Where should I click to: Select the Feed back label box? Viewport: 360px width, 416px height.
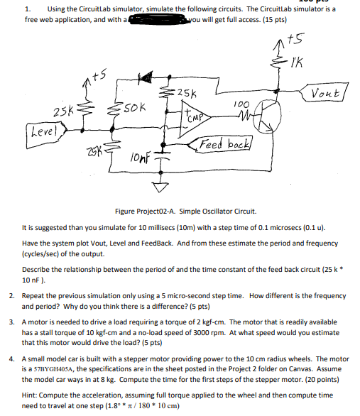pyautogui.click(x=224, y=146)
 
